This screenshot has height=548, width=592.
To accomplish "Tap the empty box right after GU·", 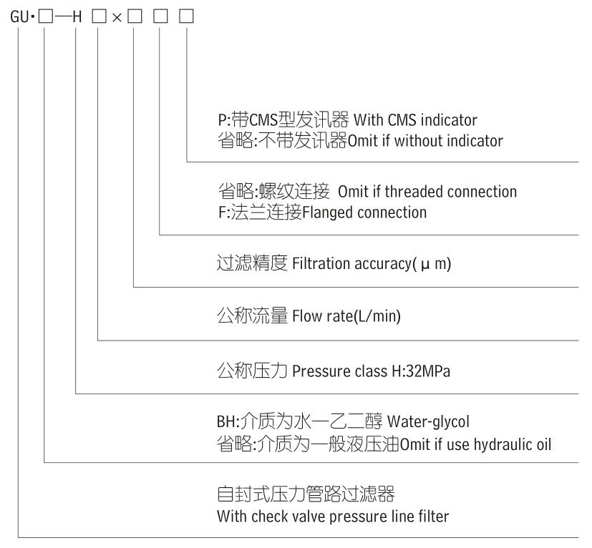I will pyautogui.click(x=45, y=16).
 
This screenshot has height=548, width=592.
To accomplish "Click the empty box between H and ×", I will pyautogui.click(x=98, y=16).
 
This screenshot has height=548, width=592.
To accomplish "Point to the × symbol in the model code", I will pyautogui.click(x=116, y=16).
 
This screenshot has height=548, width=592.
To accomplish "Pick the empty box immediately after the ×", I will pyautogui.click(x=134, y=16).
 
